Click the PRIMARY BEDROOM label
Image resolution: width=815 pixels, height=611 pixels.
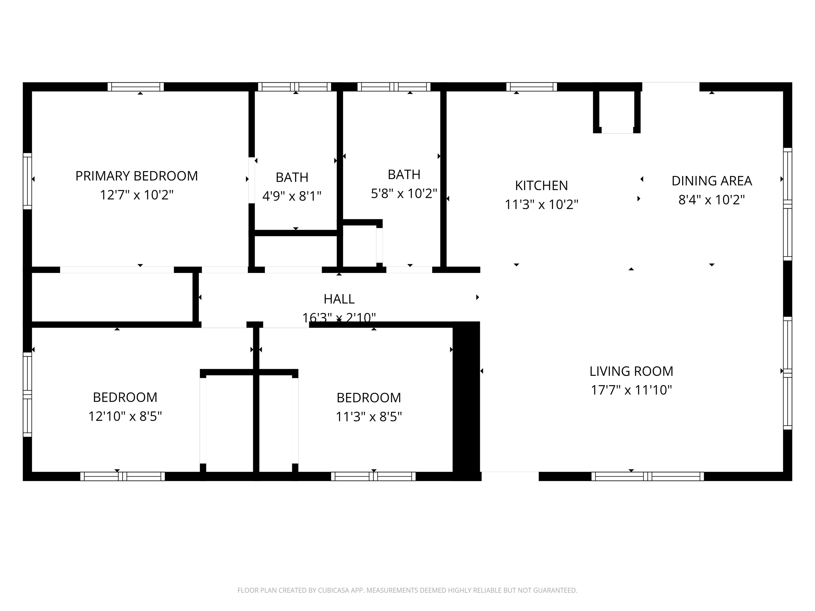[x=136, y=176]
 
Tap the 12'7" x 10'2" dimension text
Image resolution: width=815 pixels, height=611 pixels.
[x=136, y=195]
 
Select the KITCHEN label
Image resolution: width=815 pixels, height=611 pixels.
[x=541, y=186]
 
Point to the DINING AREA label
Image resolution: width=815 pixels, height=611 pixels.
[x=712, y=181]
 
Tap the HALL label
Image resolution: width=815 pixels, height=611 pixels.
[x=339, y=299]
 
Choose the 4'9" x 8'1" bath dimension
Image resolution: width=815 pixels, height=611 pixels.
[x=292, y=196]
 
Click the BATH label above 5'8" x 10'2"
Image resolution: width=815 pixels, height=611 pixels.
[x=404, y=174]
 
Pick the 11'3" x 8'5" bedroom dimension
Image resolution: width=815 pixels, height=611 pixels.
[x=369, y=417]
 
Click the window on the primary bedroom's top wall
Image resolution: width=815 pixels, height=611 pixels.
[x=136, y=87]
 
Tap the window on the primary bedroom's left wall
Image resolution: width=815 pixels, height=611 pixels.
[x=27, y=181]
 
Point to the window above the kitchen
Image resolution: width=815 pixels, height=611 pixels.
[x=531, y=87]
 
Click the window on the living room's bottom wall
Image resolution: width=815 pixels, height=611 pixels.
[x=647, y=476]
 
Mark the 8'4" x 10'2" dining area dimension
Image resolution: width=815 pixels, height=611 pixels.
[x=712, y=200]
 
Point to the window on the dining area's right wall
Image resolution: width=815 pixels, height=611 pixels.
[x=787, y=204]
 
